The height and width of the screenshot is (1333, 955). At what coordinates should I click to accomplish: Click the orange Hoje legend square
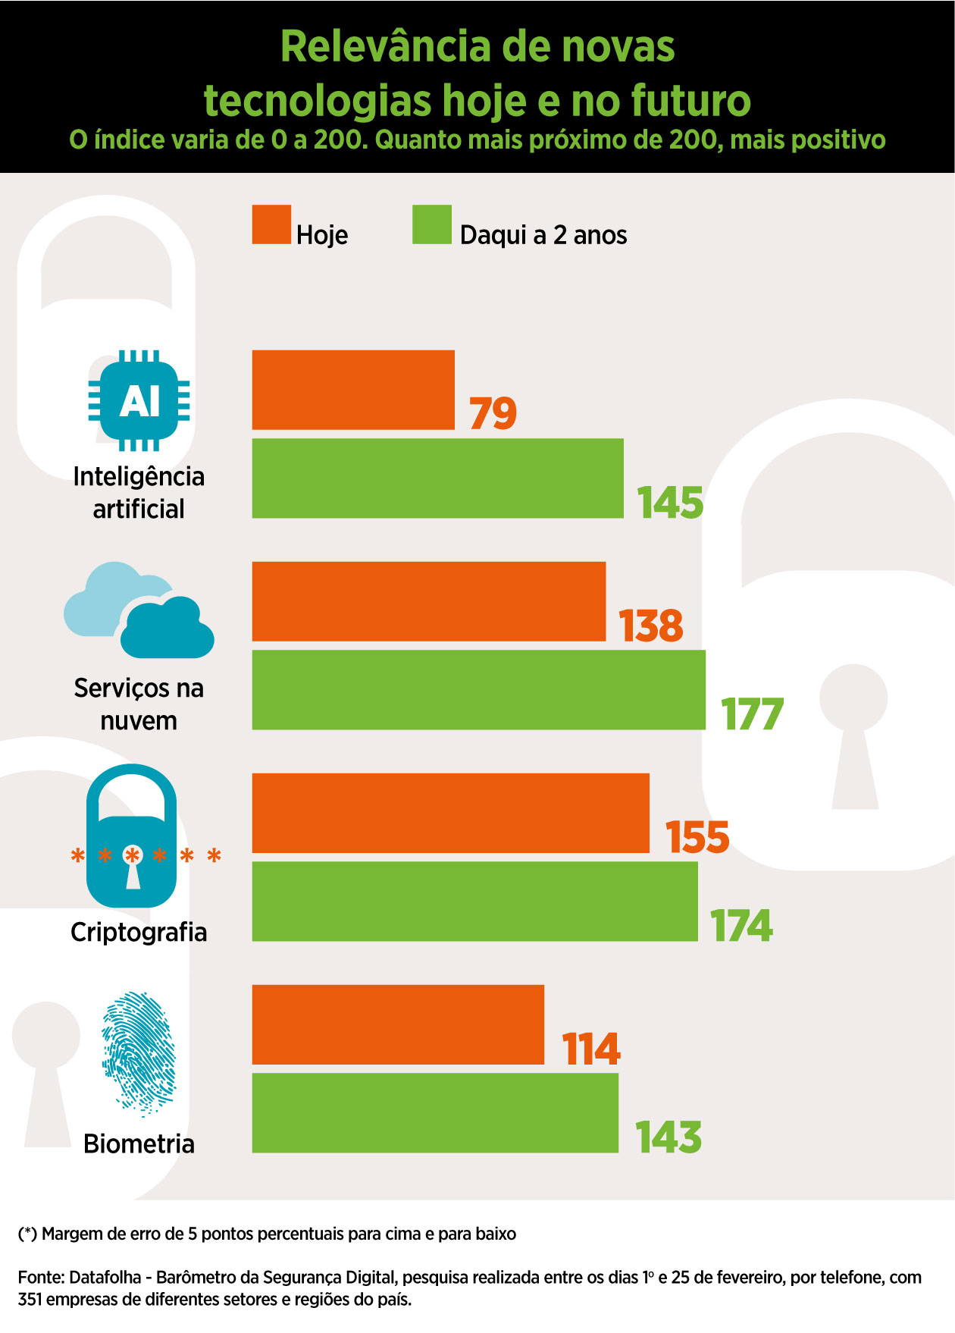tap(271, 224)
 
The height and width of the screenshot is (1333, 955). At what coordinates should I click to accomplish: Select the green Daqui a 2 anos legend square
tap(432, 224)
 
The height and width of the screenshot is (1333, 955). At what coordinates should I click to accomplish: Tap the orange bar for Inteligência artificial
tap(353, 390)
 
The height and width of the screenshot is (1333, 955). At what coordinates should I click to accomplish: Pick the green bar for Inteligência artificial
tap(437, 478)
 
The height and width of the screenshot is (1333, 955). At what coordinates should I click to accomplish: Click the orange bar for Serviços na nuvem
tap(429, 601)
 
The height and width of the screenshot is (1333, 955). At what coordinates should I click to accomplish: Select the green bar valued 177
tap(478, 690)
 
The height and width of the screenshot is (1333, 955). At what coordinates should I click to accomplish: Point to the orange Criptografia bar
tap(450, 813)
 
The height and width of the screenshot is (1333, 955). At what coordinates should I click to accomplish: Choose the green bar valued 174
tap(474, 902)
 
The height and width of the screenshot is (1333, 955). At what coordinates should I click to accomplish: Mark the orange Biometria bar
tap(398, 1024)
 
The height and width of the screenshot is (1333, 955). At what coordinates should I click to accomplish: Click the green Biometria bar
tap(435, 1113)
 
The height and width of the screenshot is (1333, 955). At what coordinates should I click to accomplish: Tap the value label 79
tap(493, 413)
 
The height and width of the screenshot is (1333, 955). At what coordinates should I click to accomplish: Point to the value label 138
tap(650, 626)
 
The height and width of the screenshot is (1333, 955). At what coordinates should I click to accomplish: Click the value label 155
tap(697, 837)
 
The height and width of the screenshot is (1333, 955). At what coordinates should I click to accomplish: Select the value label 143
tap(668, 1137)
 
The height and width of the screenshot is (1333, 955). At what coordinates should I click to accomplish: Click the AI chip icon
tap(139, 401)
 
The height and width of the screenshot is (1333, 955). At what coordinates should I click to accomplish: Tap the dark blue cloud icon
tap(168, 628)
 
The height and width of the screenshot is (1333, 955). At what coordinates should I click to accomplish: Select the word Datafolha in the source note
tap(105, 1277)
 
